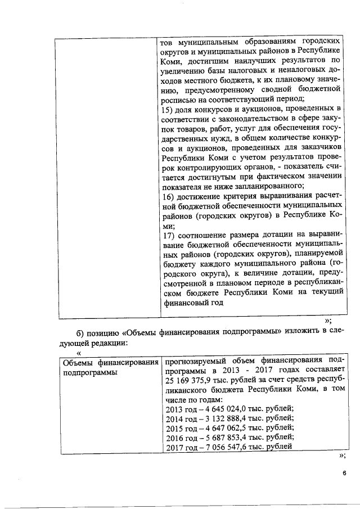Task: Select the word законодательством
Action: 240,118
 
